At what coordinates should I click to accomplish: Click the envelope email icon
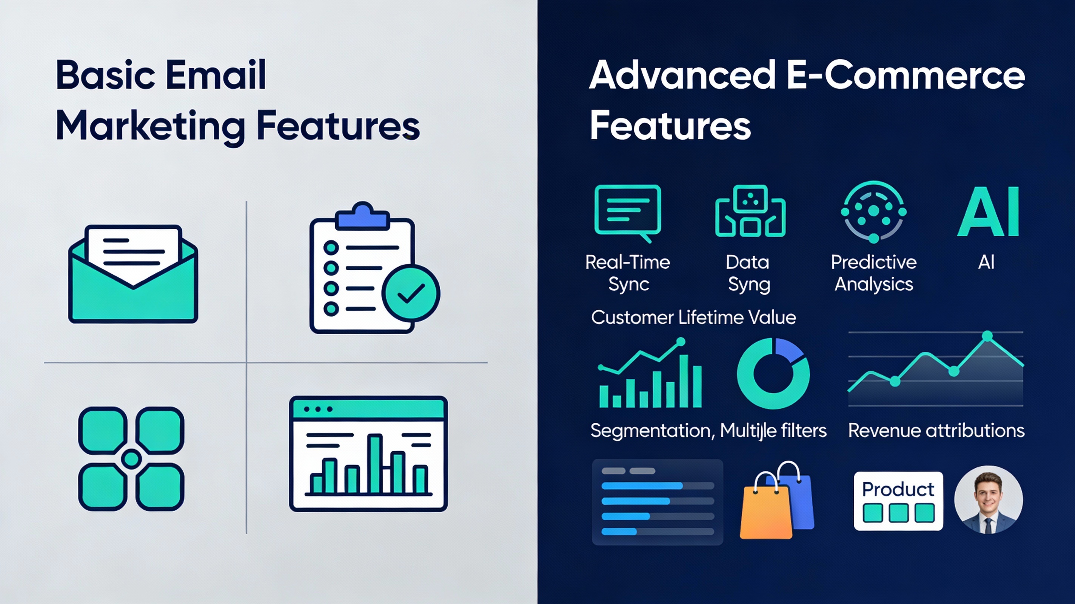tap(133, 276)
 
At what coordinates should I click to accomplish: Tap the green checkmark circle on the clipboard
tap(411, 293)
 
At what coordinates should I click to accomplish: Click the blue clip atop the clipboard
tap(362, 217)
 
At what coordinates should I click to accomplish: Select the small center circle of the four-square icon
tap(131, 459)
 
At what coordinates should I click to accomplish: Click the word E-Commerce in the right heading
tap(906, 75)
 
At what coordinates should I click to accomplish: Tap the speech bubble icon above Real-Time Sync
tap(628, 211)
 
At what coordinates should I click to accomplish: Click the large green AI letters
tap(988, 212)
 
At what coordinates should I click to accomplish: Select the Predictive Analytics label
tap(873, 273)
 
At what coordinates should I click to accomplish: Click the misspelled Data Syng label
tap(748, 273)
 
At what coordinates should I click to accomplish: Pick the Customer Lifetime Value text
tap(693, 317)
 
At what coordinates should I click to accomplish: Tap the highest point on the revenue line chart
tap(987, 336)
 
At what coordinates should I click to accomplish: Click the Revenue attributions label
tap(936, 430)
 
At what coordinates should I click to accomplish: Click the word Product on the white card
tap(898, 489)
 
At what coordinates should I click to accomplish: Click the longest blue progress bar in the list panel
tap(642, 486)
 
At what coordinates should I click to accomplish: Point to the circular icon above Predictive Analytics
tap(873, 211)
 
